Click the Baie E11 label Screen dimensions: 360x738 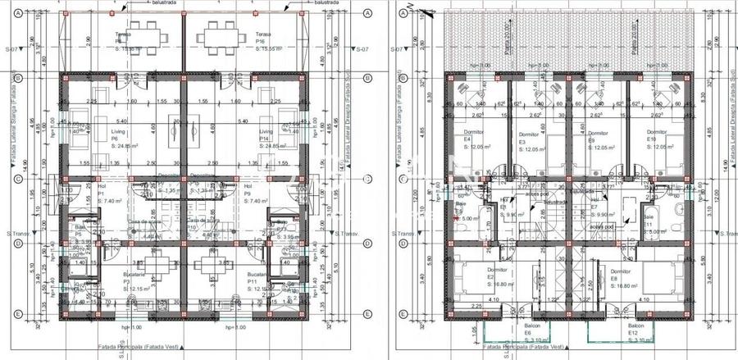[647, 224]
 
